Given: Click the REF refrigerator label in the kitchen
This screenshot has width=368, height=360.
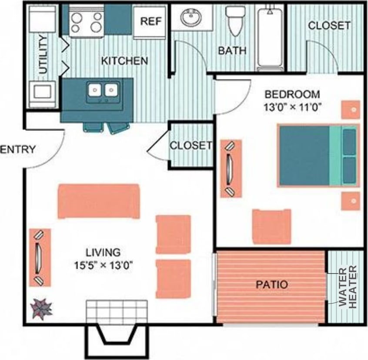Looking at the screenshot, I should pos(151,22).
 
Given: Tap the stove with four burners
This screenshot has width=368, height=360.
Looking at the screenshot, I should pos(87,23).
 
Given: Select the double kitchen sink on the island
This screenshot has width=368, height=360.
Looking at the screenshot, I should pos(104,91).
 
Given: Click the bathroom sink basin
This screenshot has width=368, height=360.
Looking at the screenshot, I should pos(191,18).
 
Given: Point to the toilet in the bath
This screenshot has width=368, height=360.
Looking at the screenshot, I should pos(235,20).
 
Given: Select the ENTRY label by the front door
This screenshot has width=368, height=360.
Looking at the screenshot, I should pos(17,150).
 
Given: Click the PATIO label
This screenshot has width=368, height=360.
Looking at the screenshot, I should pos(271,285).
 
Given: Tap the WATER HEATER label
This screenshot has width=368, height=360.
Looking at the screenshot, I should pos(348,287).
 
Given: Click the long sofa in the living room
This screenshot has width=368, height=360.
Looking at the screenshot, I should pos(99,200).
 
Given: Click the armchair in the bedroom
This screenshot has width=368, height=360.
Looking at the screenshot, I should pos(271,227).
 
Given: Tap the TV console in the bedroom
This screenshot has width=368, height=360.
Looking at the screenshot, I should pos(231,168).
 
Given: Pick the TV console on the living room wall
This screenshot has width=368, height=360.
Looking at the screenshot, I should pos(40,257).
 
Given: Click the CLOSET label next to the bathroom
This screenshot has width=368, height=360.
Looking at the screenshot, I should pos(329,26).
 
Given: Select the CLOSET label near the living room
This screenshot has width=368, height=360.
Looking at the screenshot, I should pos(191,146).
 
